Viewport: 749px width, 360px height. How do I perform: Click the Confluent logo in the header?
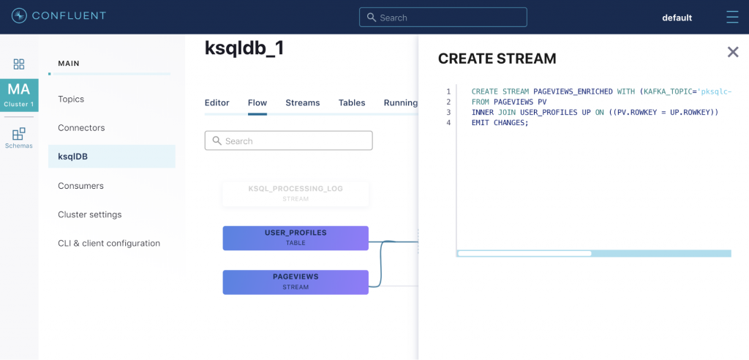click(x=59, y=16)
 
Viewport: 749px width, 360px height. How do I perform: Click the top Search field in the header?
click(x=443, y=18)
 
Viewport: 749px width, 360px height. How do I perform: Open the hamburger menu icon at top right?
click(x=731, y=17)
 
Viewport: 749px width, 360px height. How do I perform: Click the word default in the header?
click(x=677, y=18)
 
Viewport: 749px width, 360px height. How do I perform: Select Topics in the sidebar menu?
click(x=71, y=99)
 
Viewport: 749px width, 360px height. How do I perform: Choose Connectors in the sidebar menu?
click(x=81, y=127)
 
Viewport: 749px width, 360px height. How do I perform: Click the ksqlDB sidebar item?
click(x=72, y=156)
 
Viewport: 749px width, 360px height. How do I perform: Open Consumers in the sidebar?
click(x=80, y=186)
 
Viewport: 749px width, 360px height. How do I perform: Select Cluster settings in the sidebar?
click(x=89, y=214)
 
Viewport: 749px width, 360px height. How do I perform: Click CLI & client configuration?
click(x=108, y=243)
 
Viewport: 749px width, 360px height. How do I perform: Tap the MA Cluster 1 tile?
click(x=19, y=94)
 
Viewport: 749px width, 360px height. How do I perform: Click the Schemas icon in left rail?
click(x=19, y=137)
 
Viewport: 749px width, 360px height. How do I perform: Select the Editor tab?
click(x=217, y=102)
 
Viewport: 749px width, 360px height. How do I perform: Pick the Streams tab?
click(x=302, y=102)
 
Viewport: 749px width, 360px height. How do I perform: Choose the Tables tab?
click(x=352, y=102)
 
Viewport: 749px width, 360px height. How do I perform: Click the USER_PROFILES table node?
click(x=296, y=238)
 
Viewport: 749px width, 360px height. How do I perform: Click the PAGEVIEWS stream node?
click(x=296, y=282)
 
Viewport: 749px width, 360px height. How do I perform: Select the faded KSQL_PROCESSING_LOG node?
click(x=296, y=193)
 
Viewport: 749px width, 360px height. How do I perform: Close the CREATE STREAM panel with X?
click(x=732, y=52)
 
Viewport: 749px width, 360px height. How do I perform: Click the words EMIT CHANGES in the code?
click(x=500, y=123)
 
